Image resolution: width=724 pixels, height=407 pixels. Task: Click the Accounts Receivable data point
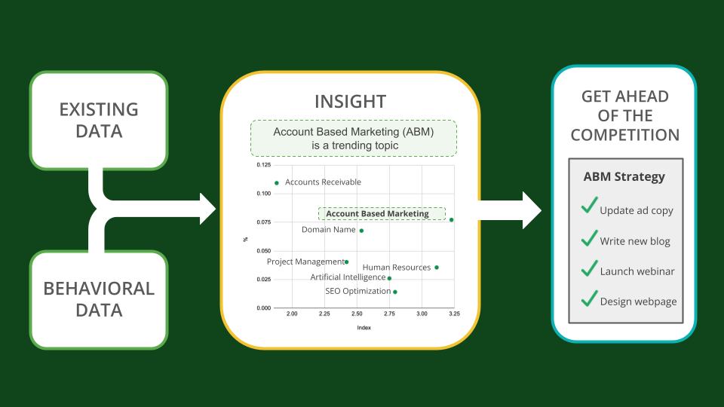point(277,183)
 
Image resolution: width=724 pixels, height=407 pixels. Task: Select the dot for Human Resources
point(437,268)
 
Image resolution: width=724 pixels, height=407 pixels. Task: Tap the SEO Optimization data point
point(395,292)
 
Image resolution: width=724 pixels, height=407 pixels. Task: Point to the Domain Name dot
point(361,231)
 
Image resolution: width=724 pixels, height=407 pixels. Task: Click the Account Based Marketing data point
point(452,219)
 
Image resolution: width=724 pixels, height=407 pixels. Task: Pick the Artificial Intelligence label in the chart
point(348,277)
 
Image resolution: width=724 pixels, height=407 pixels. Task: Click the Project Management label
point(305,262)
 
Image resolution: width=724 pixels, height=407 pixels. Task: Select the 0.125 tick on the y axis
point(264,165)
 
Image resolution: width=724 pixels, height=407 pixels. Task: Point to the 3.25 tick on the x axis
point(454,314)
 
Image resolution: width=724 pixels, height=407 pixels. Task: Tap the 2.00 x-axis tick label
point(292,314)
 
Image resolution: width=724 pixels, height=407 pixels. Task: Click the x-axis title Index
point(364,328)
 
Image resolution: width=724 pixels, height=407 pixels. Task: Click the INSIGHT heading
point(351,102)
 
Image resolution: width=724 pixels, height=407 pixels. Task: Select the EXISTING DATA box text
point(99,121)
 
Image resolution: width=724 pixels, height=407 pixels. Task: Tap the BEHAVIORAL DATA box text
point(99,299)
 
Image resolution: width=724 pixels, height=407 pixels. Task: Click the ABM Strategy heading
point(624,176)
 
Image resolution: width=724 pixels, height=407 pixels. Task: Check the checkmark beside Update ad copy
point(589,206)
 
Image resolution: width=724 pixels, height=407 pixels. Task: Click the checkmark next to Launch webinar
point(589,268)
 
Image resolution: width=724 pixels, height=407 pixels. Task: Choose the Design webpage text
point(638,301)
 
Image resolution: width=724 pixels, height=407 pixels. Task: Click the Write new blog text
point(635,241)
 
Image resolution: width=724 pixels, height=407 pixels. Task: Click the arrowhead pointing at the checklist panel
point(531,210)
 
